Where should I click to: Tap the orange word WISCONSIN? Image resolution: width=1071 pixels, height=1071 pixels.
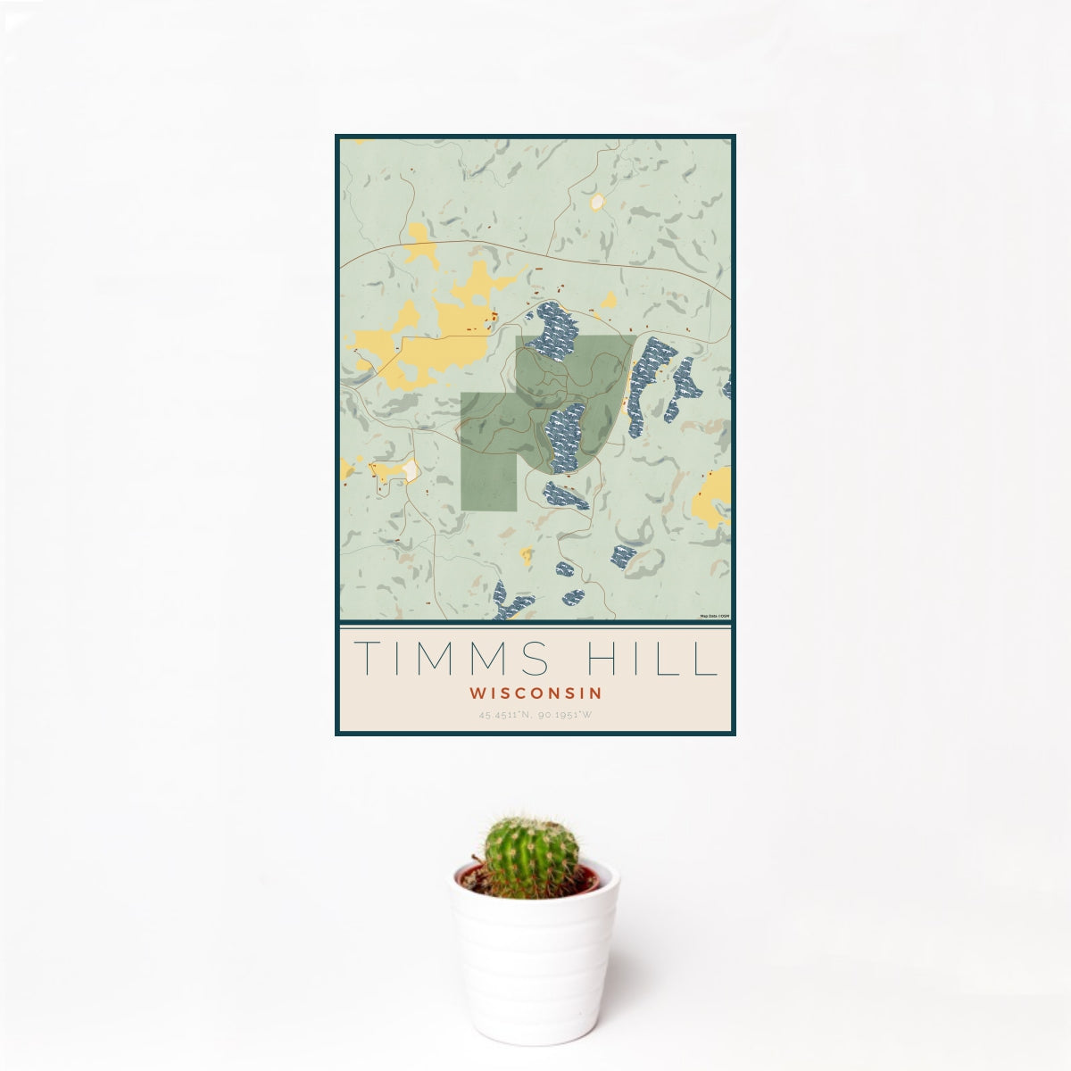click(x=535, y=692)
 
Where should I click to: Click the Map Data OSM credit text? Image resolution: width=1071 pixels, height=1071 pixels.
click(x=715, y=616)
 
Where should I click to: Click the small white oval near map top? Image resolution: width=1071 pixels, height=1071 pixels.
click(x=597, y=202)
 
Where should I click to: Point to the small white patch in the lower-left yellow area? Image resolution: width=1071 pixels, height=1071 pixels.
click(x=410, y=469)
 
